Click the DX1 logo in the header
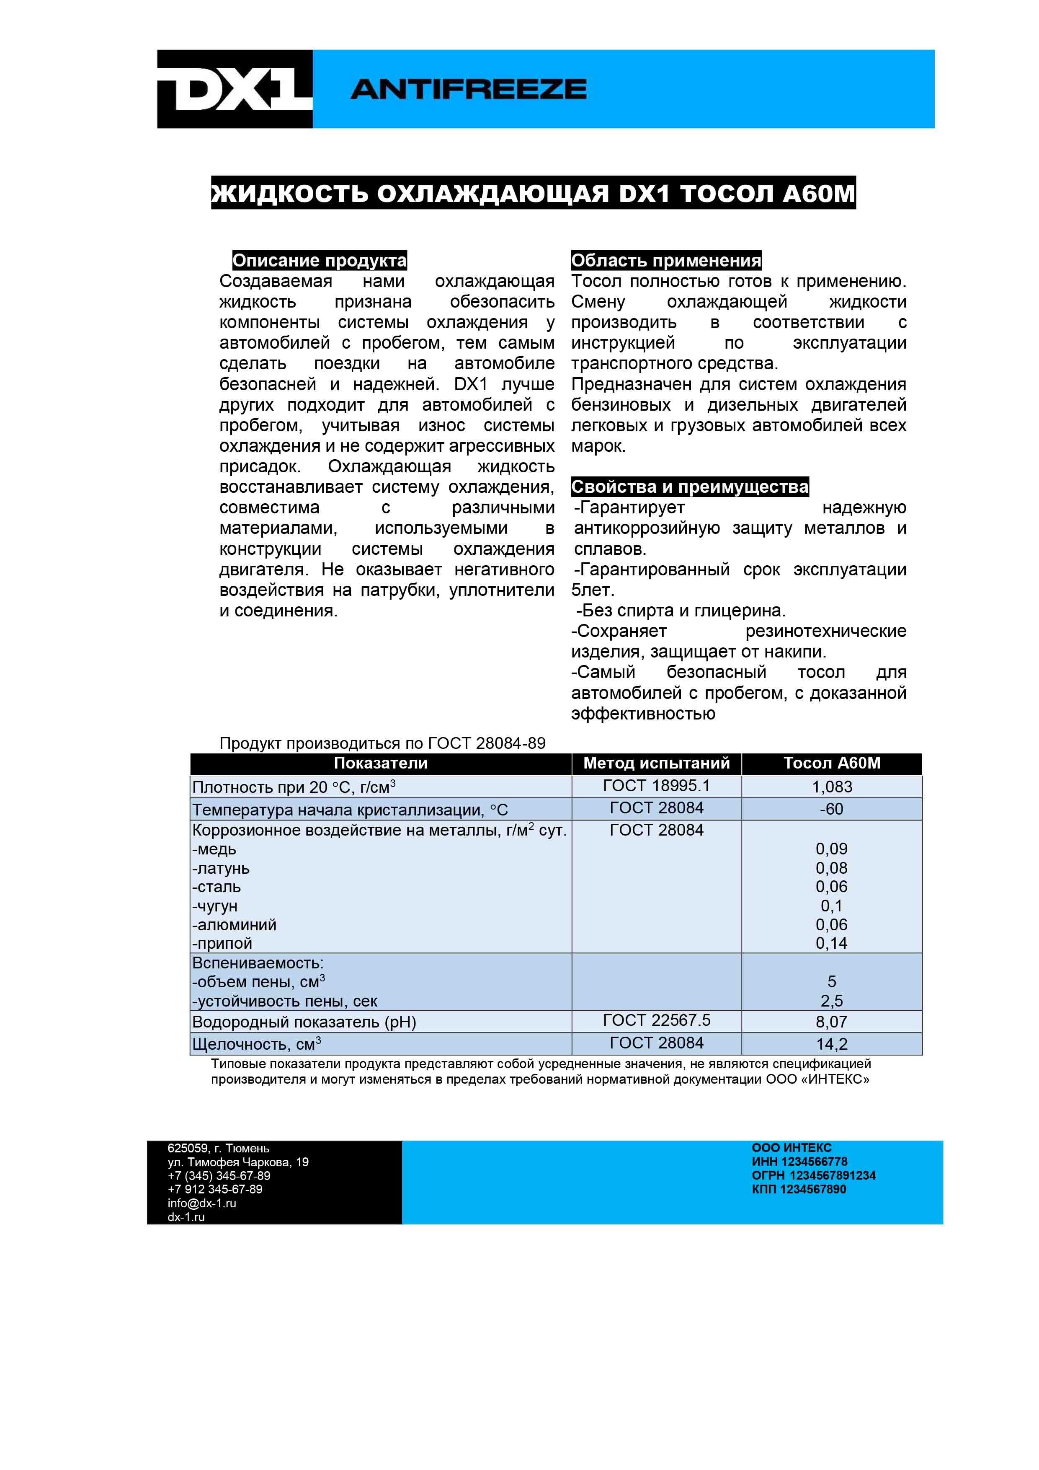(x=235, y=89)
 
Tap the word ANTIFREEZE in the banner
(x=468, y=89)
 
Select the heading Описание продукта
(x=319, y=261)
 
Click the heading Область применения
(x=666, y=261)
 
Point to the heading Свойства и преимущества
(x=690, y=487)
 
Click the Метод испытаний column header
(x=656, y=763)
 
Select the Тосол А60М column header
(x=832, y=763)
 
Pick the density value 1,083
(x=832, y=787)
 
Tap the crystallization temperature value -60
(x=832, y=809)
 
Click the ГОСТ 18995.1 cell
(x=656, y=786)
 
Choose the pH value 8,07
(x=832, y=1022)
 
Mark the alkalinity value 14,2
(x=832, y=1044)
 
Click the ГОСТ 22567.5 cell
(x=656, y=1020)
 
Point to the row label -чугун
(x=215, y=906)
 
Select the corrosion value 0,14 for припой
(x=832, y=943)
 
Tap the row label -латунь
(x=221, y=869)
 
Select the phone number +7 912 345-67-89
(x=215, y=1189)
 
